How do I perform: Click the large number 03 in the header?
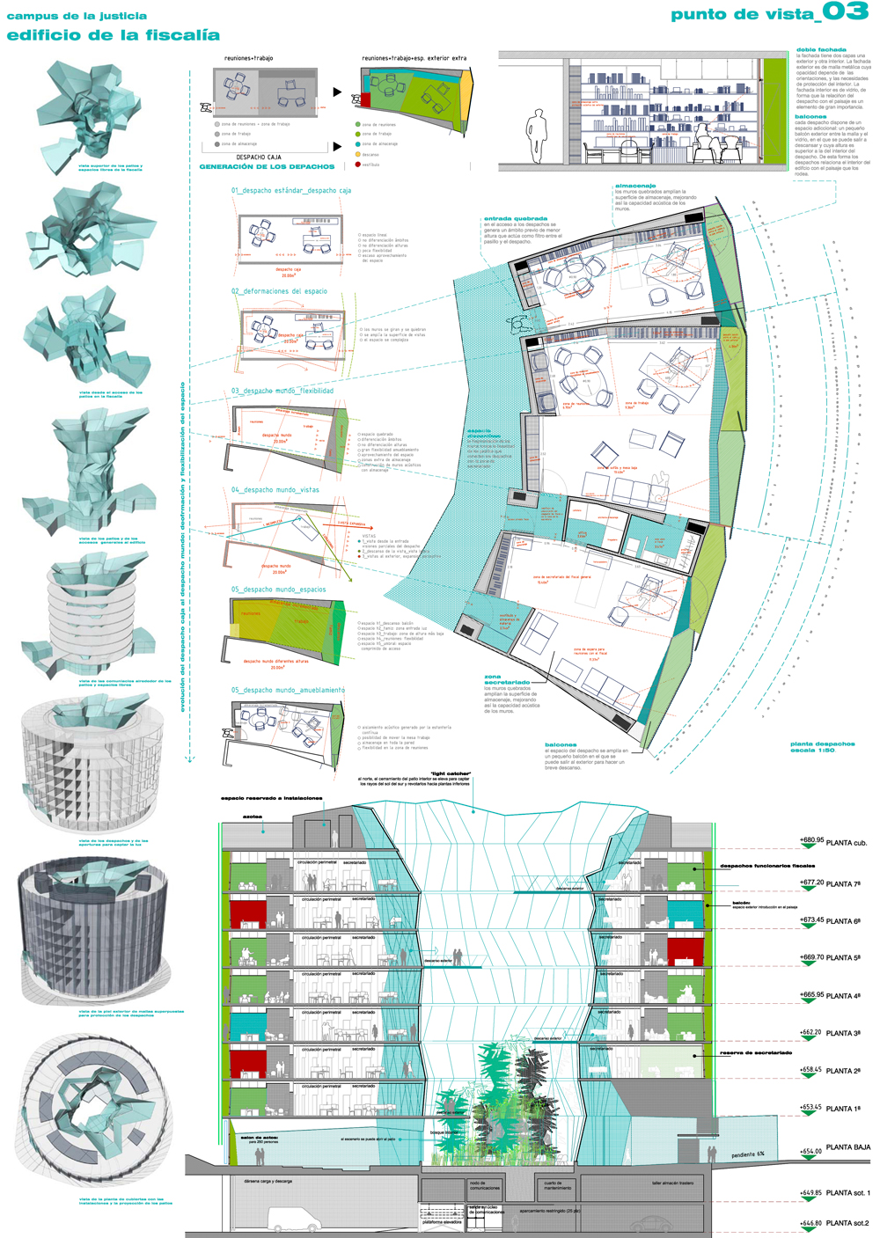845,12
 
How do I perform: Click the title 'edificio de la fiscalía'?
113,35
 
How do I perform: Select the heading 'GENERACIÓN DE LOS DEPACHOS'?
267,166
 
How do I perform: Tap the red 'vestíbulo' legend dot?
358,165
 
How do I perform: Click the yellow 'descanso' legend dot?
358,154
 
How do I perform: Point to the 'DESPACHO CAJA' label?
259,157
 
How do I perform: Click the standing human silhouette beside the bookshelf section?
534,137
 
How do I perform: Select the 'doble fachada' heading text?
821,50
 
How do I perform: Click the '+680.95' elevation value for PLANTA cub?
811,839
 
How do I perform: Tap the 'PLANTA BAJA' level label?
847,1146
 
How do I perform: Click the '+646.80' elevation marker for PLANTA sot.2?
810,1223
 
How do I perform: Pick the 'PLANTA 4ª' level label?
843,996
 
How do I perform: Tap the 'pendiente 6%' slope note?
748,1154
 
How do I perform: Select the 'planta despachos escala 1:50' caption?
822,747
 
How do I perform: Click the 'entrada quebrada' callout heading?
515,218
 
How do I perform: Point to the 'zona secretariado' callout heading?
507,679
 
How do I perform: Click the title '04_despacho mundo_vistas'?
275,490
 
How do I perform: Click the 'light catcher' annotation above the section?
451,773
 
